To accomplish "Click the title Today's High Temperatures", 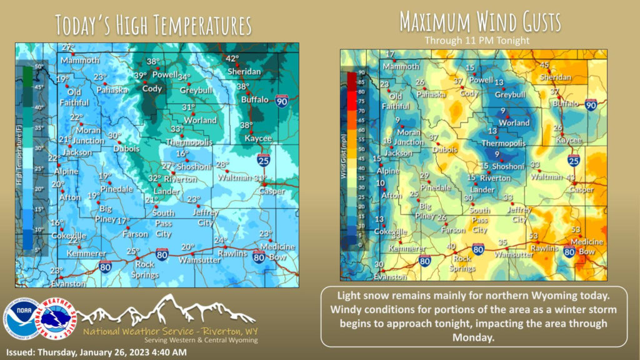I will click(x=153, y=24).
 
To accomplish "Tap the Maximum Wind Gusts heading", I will click(x=480, y=22).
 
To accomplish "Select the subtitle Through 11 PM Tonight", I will click(x=477, y=40).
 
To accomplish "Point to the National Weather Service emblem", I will click(x=57, y=317).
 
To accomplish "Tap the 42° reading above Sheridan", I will click(x=232, y=59).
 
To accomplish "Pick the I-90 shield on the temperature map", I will click(x=282, y=101).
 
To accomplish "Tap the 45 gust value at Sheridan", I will click(x=544, y=65).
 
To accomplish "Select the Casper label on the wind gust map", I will click(x=581, y=189).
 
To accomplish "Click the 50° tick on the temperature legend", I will click(x=38, y=66).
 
